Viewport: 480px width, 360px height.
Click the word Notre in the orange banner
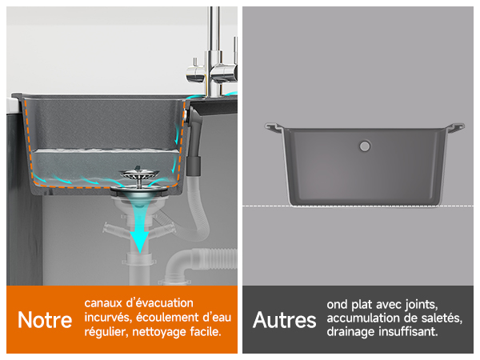45,320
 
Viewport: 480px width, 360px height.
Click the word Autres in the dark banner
284,320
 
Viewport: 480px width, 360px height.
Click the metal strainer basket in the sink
139,175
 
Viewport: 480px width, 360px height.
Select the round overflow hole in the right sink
365,146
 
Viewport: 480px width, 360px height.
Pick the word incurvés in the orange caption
108,318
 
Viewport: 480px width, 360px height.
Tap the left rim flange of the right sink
274,127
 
